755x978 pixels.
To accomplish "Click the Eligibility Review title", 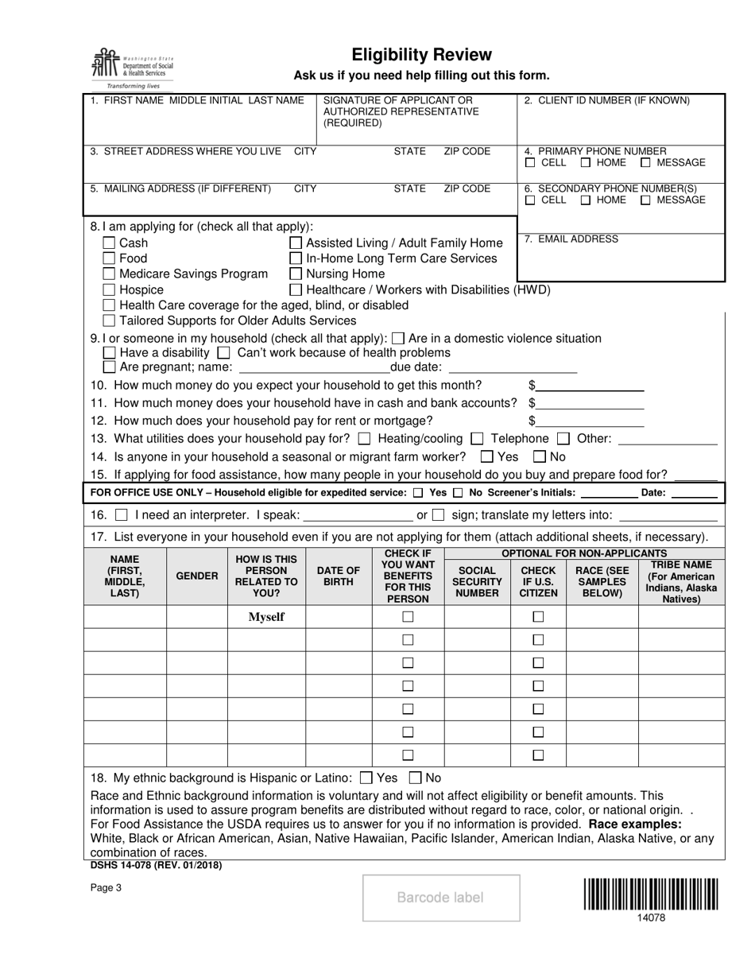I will coord(422,55).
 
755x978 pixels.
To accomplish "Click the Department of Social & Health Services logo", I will coord(132,68).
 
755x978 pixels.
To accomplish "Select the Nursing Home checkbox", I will coord(296,274).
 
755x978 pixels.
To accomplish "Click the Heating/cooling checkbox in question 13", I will coord(365,438).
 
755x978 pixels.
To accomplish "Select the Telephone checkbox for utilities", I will coord(477,438).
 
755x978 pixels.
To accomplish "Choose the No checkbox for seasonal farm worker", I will coord(540,456).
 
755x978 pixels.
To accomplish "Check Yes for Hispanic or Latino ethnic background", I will coord(366,778).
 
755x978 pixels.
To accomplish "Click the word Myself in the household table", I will coord(266,616).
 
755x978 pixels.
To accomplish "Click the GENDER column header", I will coord(197,576).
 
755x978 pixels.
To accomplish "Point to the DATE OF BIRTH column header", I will coord(339,576).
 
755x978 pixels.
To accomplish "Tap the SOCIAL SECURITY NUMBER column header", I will coord(477,581).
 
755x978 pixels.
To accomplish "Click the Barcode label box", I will coord(441,898).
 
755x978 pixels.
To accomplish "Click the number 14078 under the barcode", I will coord(651,917).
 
